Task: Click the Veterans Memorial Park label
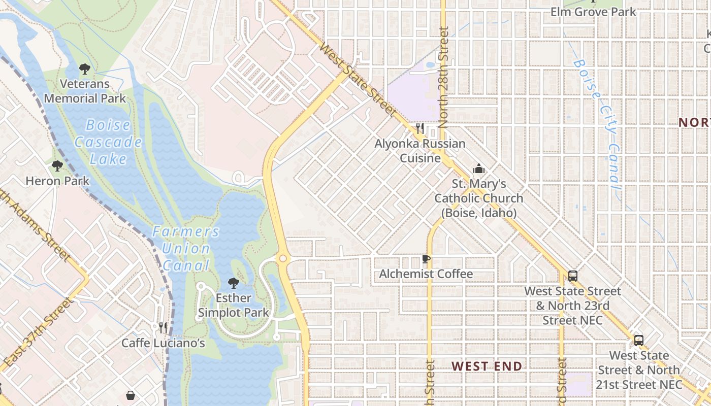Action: tap(85, 91)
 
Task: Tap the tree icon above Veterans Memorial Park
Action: tap(85, 69)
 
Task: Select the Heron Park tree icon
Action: tap(57, 165)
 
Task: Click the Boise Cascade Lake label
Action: tap(108, 142)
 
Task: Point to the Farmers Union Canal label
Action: tap(186, 248)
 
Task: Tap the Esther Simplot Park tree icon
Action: tap(234, 283)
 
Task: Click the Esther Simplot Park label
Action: tap(234, 304)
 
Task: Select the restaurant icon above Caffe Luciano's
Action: tap(163, 328)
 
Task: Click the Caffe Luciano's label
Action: tap(163, 343)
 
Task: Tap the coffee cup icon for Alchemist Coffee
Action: tap(426, 259)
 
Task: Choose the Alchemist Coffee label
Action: tap(426, 274)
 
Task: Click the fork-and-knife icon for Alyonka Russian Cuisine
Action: tap(420, 128)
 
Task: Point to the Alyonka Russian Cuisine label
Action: tap(420, 151)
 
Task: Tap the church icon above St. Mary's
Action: tap(478, 168)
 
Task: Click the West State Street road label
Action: tap(358, 79)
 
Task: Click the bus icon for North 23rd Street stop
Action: tap(573, 276)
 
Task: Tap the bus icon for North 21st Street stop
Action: tap(639, 341)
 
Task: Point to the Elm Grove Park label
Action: tap(593, 11)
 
